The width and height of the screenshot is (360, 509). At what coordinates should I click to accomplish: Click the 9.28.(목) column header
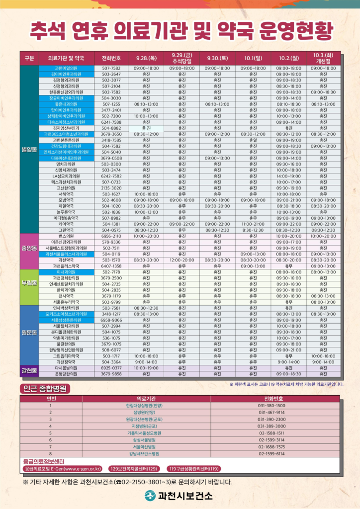[146, 58]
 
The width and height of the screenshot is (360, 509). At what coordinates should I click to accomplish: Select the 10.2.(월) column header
[288, 58]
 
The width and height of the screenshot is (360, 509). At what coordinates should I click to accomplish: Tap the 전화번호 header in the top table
[111, 58]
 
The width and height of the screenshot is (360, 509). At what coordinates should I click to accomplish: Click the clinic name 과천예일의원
[65, 68]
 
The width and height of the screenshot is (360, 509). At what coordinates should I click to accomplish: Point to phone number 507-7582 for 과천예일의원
[111, 68]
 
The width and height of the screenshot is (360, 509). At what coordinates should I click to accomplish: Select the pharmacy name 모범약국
[65, 200]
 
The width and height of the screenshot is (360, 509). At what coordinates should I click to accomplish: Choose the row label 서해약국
[65, 194]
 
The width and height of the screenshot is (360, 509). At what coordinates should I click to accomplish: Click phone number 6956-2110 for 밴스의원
[111, 236]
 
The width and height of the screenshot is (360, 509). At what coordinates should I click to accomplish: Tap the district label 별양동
[29, 149]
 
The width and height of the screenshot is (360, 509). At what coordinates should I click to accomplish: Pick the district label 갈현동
[29, 370]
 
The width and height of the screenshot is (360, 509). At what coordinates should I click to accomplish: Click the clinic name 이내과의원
[65, 272]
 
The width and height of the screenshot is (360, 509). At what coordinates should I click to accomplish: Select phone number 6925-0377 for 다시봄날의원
[111, 368]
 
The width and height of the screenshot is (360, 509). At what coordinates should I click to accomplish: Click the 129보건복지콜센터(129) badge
[134, 468]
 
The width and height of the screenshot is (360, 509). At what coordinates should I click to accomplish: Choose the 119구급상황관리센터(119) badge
[194, 468]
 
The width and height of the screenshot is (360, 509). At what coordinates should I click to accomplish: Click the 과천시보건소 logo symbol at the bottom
[150, 496]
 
